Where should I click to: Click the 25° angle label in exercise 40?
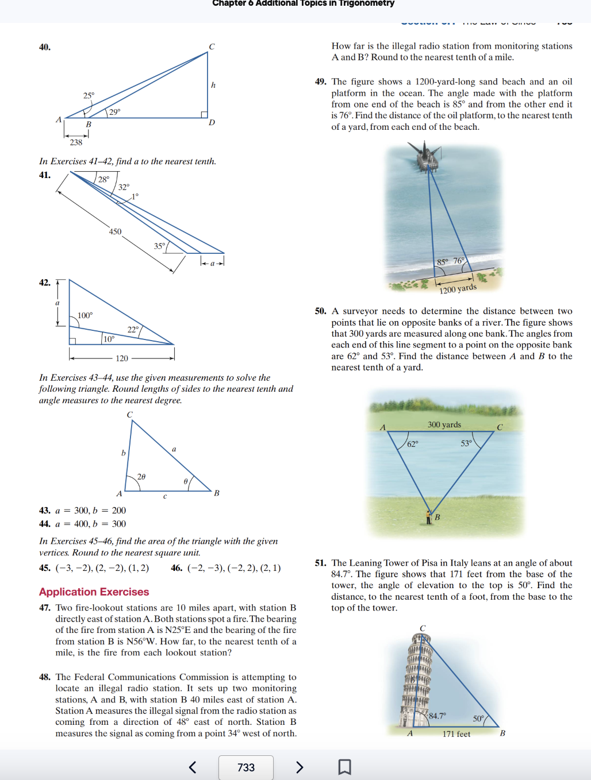click(89, 95)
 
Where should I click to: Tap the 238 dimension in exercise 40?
click(76, 142)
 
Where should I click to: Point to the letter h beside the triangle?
click(213, 85)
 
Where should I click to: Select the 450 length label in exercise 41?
click(115, 231)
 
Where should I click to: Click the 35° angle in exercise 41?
click(159, 246)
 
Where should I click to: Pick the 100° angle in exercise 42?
click(85, 315)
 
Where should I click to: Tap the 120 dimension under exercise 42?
click(122, 358)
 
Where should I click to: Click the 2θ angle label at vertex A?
click(141, 477)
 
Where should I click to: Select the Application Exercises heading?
click(94, 592)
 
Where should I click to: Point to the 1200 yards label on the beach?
click(458, 288)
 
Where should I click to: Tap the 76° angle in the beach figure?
click(459, 261)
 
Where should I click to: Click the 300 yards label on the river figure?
click(444, 424)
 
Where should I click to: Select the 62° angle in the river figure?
click(412, 444)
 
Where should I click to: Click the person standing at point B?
click(428, 517)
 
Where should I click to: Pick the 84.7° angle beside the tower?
click(437, 716)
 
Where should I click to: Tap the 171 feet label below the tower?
click(456, 734)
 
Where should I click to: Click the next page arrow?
click(299, 767)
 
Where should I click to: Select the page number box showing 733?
click(246, 767)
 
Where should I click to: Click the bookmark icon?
click(344, 767)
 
